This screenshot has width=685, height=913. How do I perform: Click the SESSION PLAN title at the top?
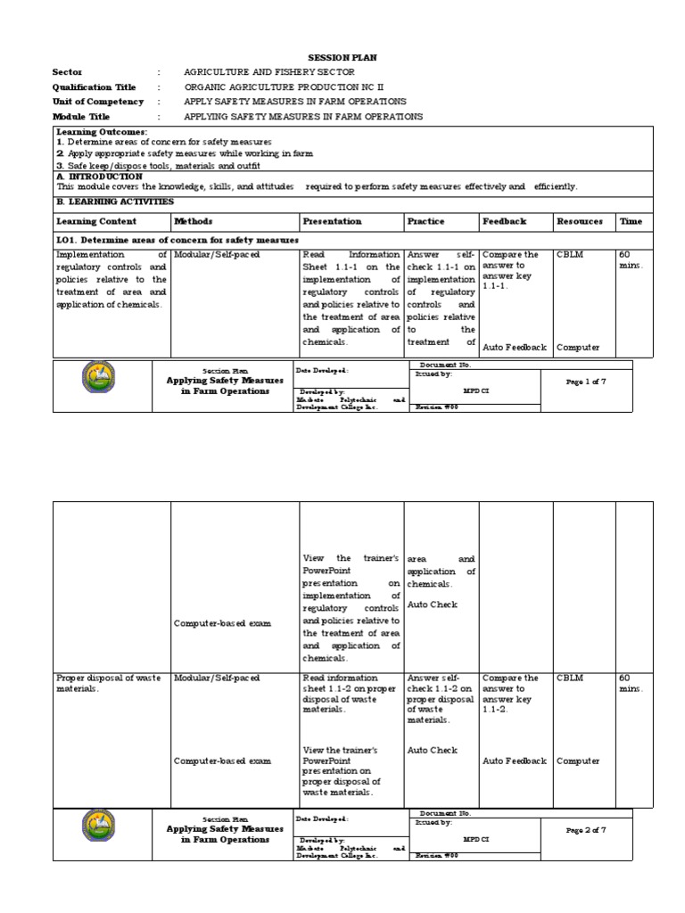pyautogui.click(x=342, y=57)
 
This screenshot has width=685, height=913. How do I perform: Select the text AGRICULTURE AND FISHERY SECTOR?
pyautogui.click(x=268, y=72)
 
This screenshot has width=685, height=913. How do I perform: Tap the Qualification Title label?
pyautogui.click(x=95, y=87)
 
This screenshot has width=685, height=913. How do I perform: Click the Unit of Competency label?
pyautogui.click(x=98, y=102)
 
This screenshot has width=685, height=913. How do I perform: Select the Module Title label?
pyautogui.click(x=82, y=117)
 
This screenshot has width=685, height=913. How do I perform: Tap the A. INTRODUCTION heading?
pyautogui.click(x=99, y=177)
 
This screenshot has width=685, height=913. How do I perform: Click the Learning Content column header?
pyautogui.click(x=96, y=221)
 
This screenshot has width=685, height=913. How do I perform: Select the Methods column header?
pyautogui.click(x=194, y=221)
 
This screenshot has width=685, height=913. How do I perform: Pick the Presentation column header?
pyautogui.click(x=332, y=221)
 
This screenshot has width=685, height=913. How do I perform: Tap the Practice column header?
pyautogui.click(x=425, y=221)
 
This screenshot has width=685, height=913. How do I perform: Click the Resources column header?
pyautogui.click(x=579, y=221)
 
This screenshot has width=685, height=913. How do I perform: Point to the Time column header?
pyautogui.click(x=631, y=221)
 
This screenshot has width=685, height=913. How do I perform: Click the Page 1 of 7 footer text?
pyautogui.click(x=586, y=382)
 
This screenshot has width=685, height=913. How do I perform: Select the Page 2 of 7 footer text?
pyautogui.click(x=586, y=830)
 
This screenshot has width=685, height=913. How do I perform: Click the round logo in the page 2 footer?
pyautogui.click(x=98, y=827)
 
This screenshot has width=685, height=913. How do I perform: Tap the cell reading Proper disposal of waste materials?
pyautogui.click(x=109, y=683)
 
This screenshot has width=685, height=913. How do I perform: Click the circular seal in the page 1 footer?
pyautogui.click(x=98, y=378)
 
